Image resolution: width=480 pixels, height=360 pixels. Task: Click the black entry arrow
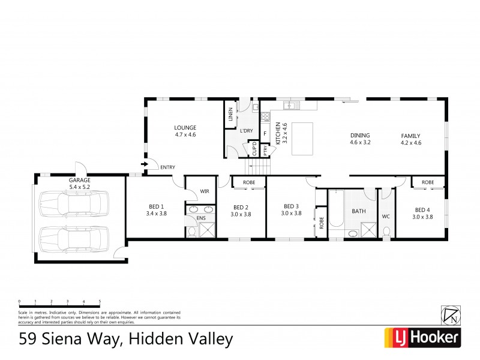coord(144,163)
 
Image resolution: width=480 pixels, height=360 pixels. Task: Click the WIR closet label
coord(205,193)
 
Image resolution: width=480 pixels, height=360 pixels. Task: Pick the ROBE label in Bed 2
coord(248,182)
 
